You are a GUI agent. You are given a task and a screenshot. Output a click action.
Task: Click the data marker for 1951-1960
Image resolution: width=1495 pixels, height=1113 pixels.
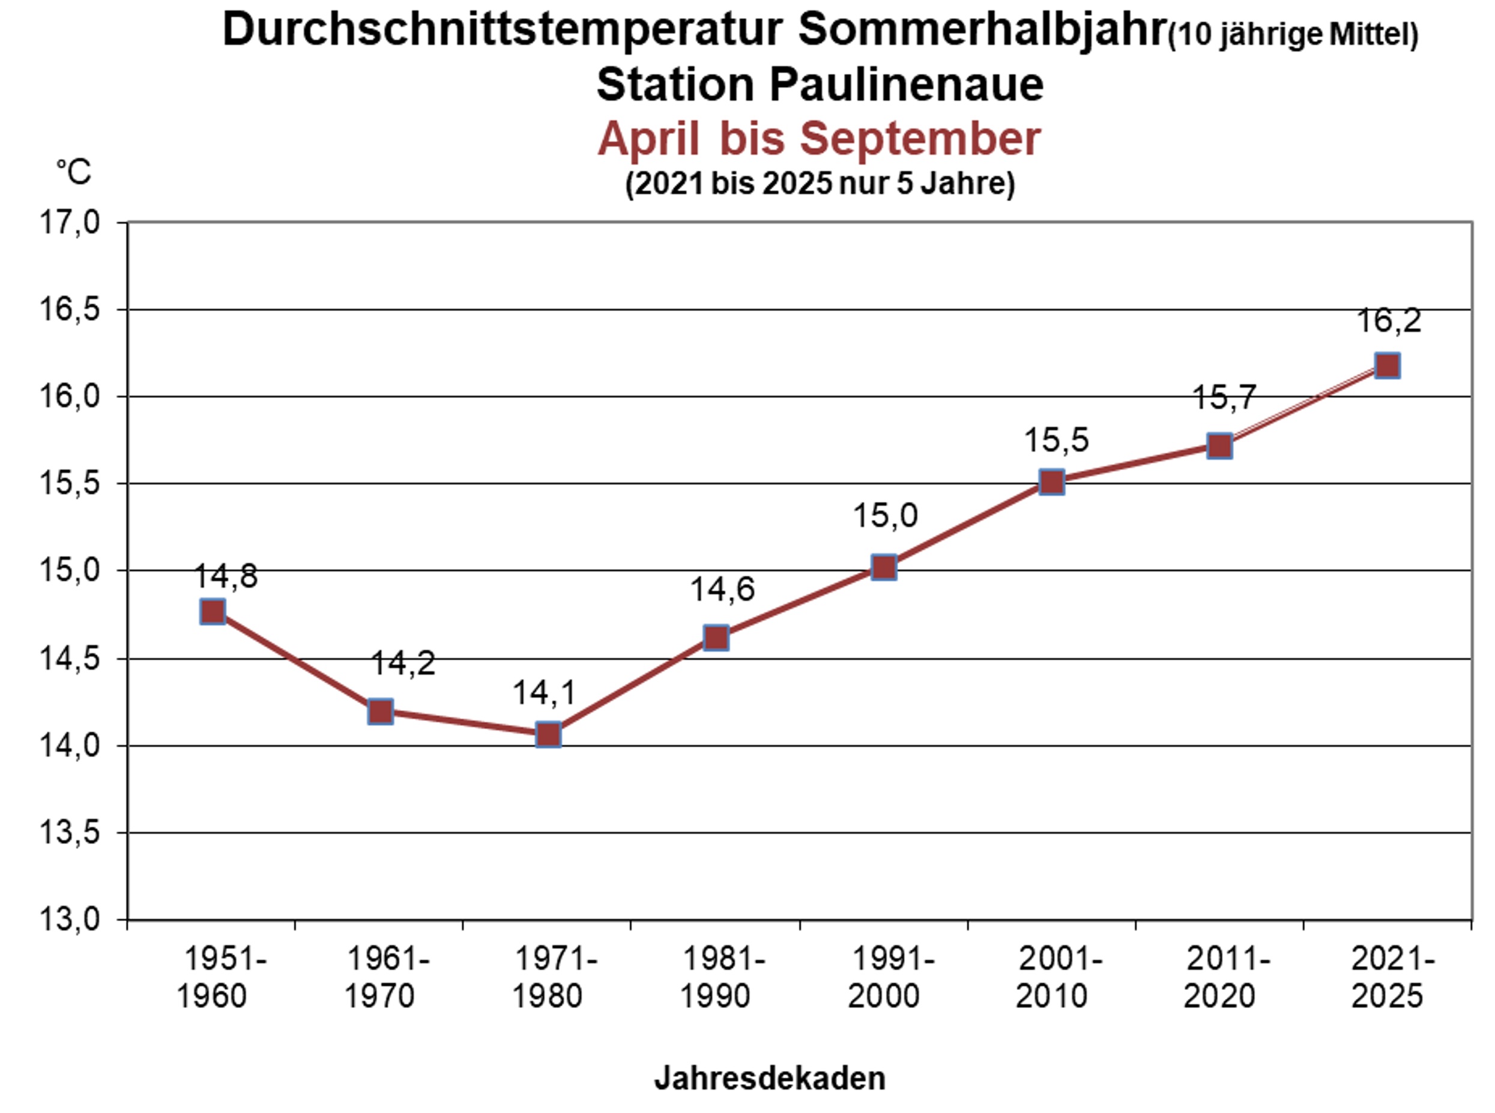213,612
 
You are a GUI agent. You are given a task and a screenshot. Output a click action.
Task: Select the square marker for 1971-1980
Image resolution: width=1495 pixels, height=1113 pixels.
548,734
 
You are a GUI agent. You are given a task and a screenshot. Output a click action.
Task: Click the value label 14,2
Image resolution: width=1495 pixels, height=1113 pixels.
403,663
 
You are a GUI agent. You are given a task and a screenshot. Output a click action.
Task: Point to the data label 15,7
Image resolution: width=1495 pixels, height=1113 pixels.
1224,397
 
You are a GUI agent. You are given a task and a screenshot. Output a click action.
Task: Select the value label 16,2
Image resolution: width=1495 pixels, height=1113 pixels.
1389,321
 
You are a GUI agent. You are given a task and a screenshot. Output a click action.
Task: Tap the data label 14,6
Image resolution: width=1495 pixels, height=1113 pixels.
722,590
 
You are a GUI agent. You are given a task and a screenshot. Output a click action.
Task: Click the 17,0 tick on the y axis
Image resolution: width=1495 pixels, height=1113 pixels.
70,222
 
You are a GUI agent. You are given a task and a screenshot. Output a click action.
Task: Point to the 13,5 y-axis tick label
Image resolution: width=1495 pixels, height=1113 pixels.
70,833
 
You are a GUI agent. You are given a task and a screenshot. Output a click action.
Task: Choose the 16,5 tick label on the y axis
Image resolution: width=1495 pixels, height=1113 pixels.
70,310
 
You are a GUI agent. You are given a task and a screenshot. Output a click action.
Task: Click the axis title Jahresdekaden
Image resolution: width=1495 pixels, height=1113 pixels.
769,1078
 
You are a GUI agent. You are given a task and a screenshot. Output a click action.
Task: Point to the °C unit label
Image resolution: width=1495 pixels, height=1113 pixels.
73,172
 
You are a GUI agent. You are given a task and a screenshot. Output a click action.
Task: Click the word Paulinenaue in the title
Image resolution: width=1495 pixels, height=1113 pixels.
906,85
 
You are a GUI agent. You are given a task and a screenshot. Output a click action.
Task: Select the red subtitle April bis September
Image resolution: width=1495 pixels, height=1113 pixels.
820,139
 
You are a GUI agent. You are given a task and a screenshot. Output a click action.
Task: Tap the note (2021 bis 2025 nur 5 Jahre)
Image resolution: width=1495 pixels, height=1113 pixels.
820,183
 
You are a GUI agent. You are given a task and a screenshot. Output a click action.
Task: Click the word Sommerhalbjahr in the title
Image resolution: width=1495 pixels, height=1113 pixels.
982,31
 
